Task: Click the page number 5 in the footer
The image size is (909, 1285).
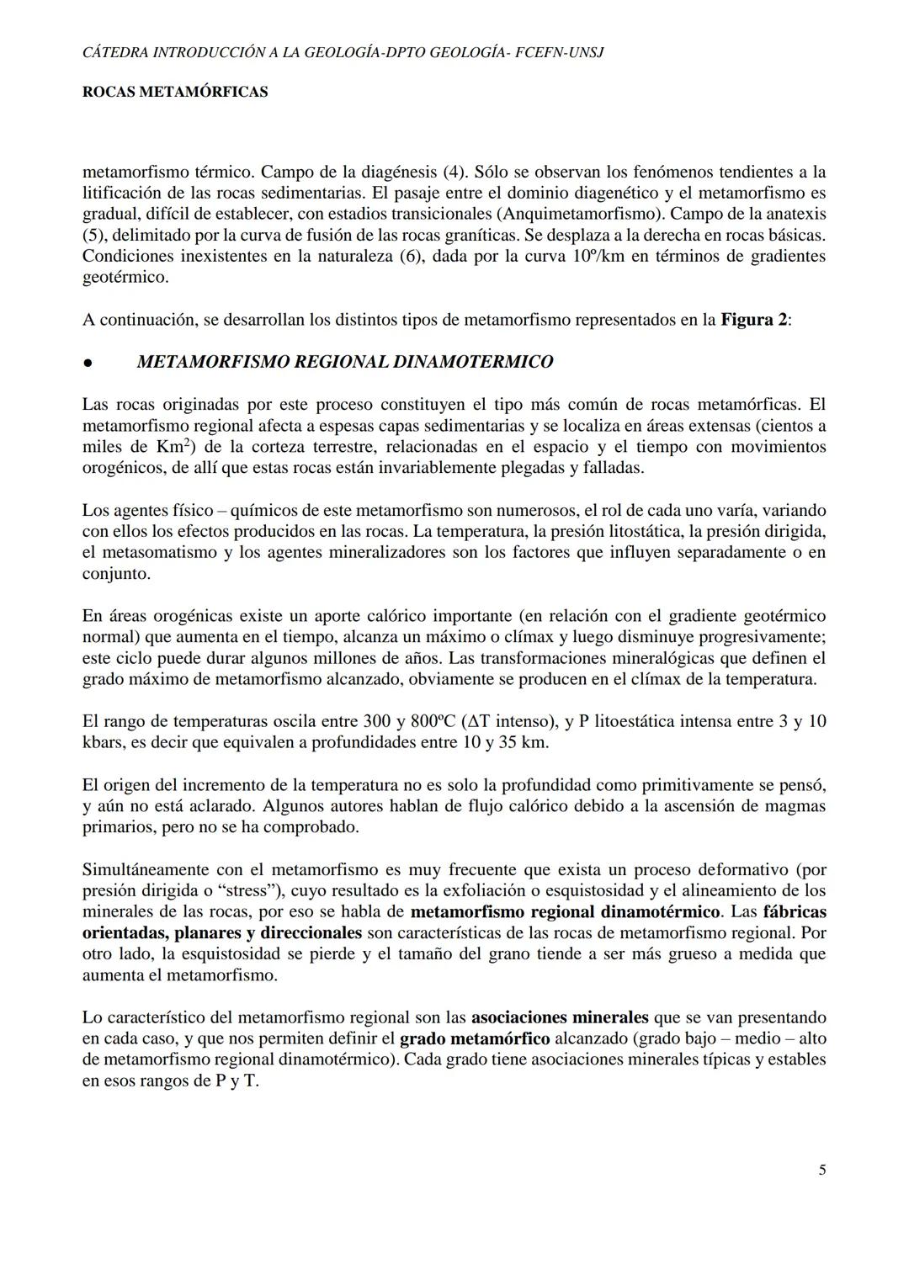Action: [x=821, y=1170]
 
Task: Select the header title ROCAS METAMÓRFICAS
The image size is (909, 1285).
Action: [x=175, y=92]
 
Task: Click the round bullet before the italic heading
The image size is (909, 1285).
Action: [x=88, y=364]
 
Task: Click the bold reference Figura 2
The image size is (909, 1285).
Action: [x=754, y=320]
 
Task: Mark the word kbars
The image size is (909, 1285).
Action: [x=104, y=742]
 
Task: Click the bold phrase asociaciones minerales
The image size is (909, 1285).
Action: [x=560, y=1017]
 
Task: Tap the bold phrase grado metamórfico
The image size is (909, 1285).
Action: [x=475, y=1038]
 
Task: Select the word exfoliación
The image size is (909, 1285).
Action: [x=498, y=890]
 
